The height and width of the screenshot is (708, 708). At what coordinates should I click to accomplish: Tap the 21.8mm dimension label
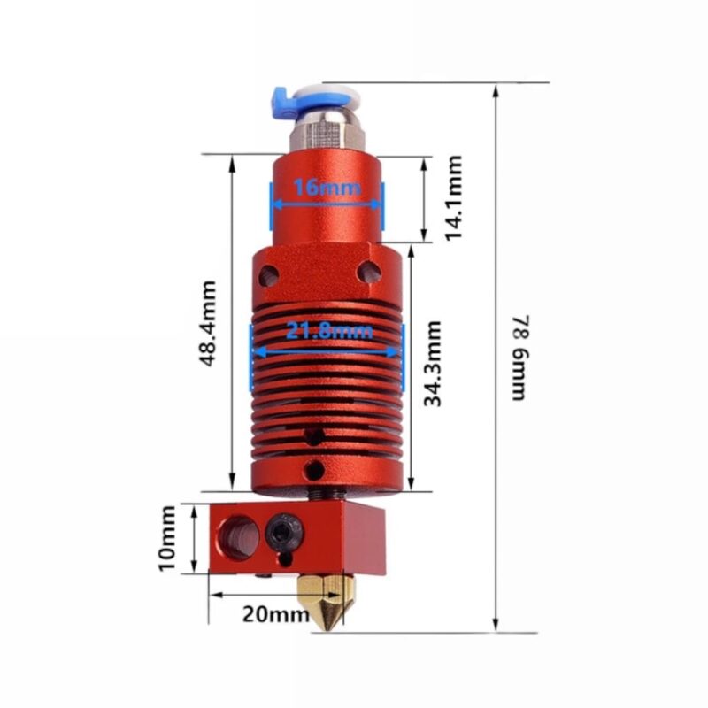329,332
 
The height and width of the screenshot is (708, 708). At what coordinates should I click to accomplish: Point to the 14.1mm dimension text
453,198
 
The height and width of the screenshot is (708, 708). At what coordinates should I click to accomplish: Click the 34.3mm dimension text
432,364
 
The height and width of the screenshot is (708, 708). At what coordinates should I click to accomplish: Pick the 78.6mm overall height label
519,358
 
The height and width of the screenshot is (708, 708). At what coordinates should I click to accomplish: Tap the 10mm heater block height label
168,538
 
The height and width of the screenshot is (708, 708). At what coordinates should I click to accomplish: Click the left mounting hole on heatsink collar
269,274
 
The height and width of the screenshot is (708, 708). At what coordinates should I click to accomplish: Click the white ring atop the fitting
327,95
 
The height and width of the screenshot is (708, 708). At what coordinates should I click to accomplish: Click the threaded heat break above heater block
327,496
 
